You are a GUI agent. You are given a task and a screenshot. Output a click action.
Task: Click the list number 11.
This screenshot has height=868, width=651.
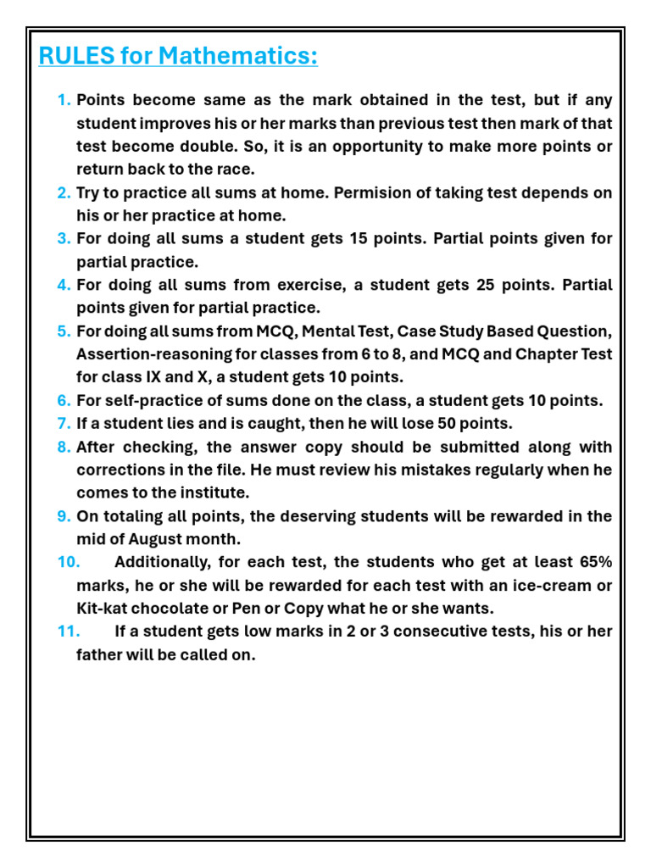(x=69, y=632)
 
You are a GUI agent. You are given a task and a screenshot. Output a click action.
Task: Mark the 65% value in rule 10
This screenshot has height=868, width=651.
(x=593, y=562)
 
